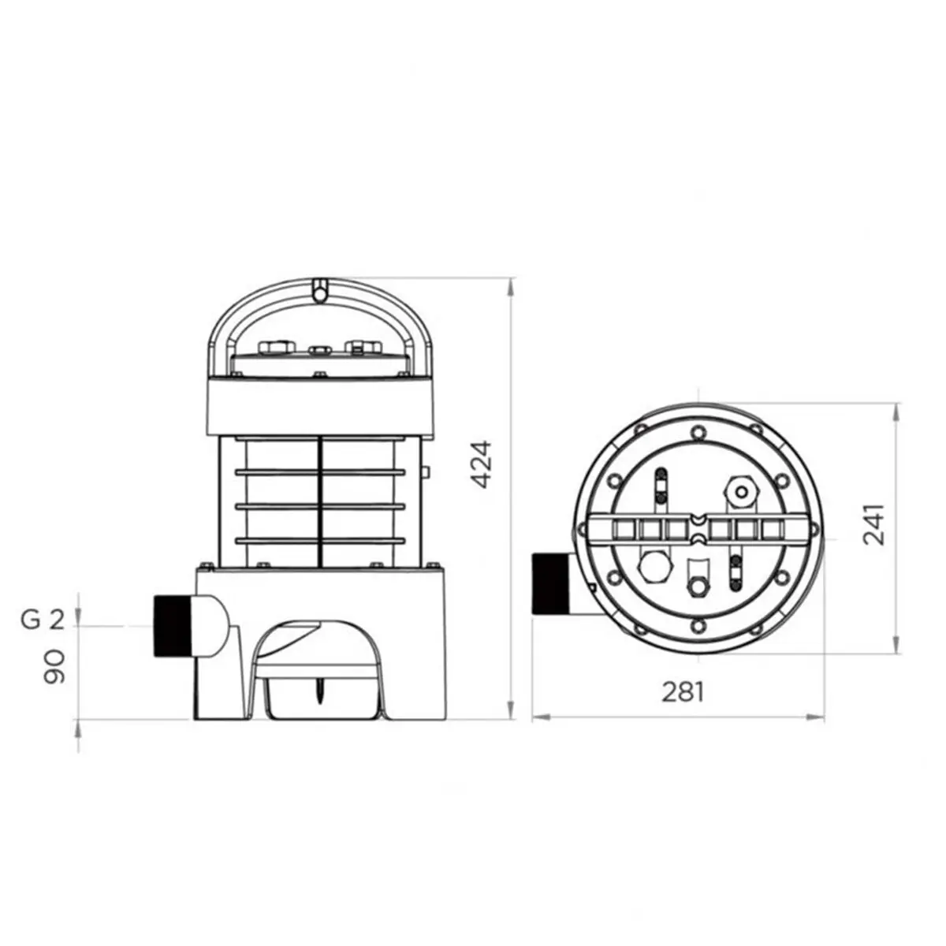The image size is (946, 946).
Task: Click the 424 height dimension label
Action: pos(482,465)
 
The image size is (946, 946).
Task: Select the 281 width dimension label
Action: pos(681,691)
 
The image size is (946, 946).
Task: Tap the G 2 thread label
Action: pos(41,620)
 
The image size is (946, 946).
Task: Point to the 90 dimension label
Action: pos(54,667)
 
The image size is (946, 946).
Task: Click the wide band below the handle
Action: pos(321,406)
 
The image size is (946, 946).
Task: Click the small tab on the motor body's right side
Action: pos(425,474)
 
